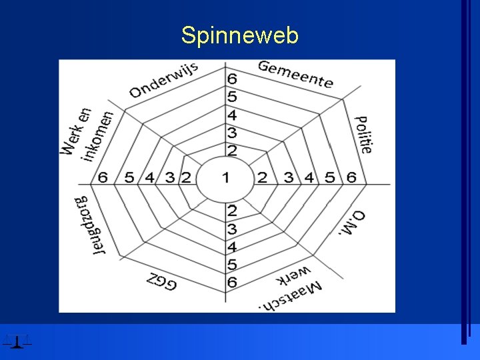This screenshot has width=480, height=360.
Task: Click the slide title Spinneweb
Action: (x=239, y=35)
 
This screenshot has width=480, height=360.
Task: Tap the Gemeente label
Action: (x=295, y=74)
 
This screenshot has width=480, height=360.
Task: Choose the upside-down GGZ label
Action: (x=161, y=279)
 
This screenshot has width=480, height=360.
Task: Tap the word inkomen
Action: (x=98, y=135)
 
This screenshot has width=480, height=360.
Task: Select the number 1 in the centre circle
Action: (x=225, y=177)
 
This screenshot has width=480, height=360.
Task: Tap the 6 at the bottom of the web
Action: (x=232, y=282)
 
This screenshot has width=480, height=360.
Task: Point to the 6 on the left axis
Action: (x=103, y=177)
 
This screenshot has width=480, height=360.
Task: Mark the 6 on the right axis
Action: (x=351, y=177)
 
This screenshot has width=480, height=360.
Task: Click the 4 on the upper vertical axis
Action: (x=232, y=115)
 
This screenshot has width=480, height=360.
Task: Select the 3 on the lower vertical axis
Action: (x=232, y=229)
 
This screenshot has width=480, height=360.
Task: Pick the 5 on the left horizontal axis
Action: (x=129, y=177)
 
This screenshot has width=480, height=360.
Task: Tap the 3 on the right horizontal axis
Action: (x=289, y=177)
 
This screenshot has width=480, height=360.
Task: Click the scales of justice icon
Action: (x=17, y=340)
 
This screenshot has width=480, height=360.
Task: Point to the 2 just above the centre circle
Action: (x=232, y=150)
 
